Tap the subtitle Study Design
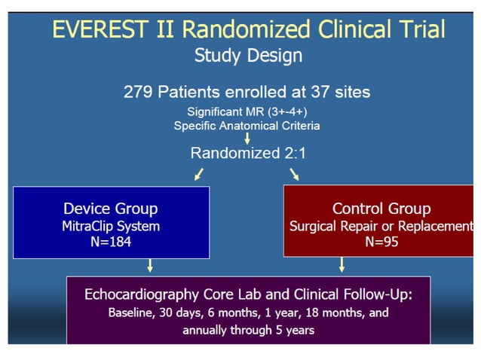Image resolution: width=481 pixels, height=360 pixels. pos(248,55)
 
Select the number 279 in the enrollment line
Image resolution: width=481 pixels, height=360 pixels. pos(138,93)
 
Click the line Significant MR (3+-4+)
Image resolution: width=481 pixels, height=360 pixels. pos(247,111)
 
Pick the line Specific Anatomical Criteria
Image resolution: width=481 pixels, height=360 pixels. pos(247,125)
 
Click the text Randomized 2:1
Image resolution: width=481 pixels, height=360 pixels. pos(247,153)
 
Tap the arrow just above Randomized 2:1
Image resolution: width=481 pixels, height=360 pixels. pos(247,139)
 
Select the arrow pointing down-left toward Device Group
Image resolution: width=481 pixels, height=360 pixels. pos(198,175)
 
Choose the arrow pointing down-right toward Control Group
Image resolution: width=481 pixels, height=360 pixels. pos(295,175)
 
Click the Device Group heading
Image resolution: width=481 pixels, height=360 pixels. pos(111,209)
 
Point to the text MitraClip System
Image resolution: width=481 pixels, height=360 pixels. pos(111,226)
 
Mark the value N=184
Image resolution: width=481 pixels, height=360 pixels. pos(111,243)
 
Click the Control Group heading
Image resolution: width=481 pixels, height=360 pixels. pos(381,209)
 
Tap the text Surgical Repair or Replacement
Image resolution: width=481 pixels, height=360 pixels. pos(381,226)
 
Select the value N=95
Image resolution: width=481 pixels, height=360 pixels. pos(381,243)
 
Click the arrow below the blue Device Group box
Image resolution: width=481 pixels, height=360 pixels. pos(151,265)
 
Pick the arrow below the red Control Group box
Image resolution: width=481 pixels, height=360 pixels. pos(342,264)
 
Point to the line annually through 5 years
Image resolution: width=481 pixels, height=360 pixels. pos(248,329)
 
